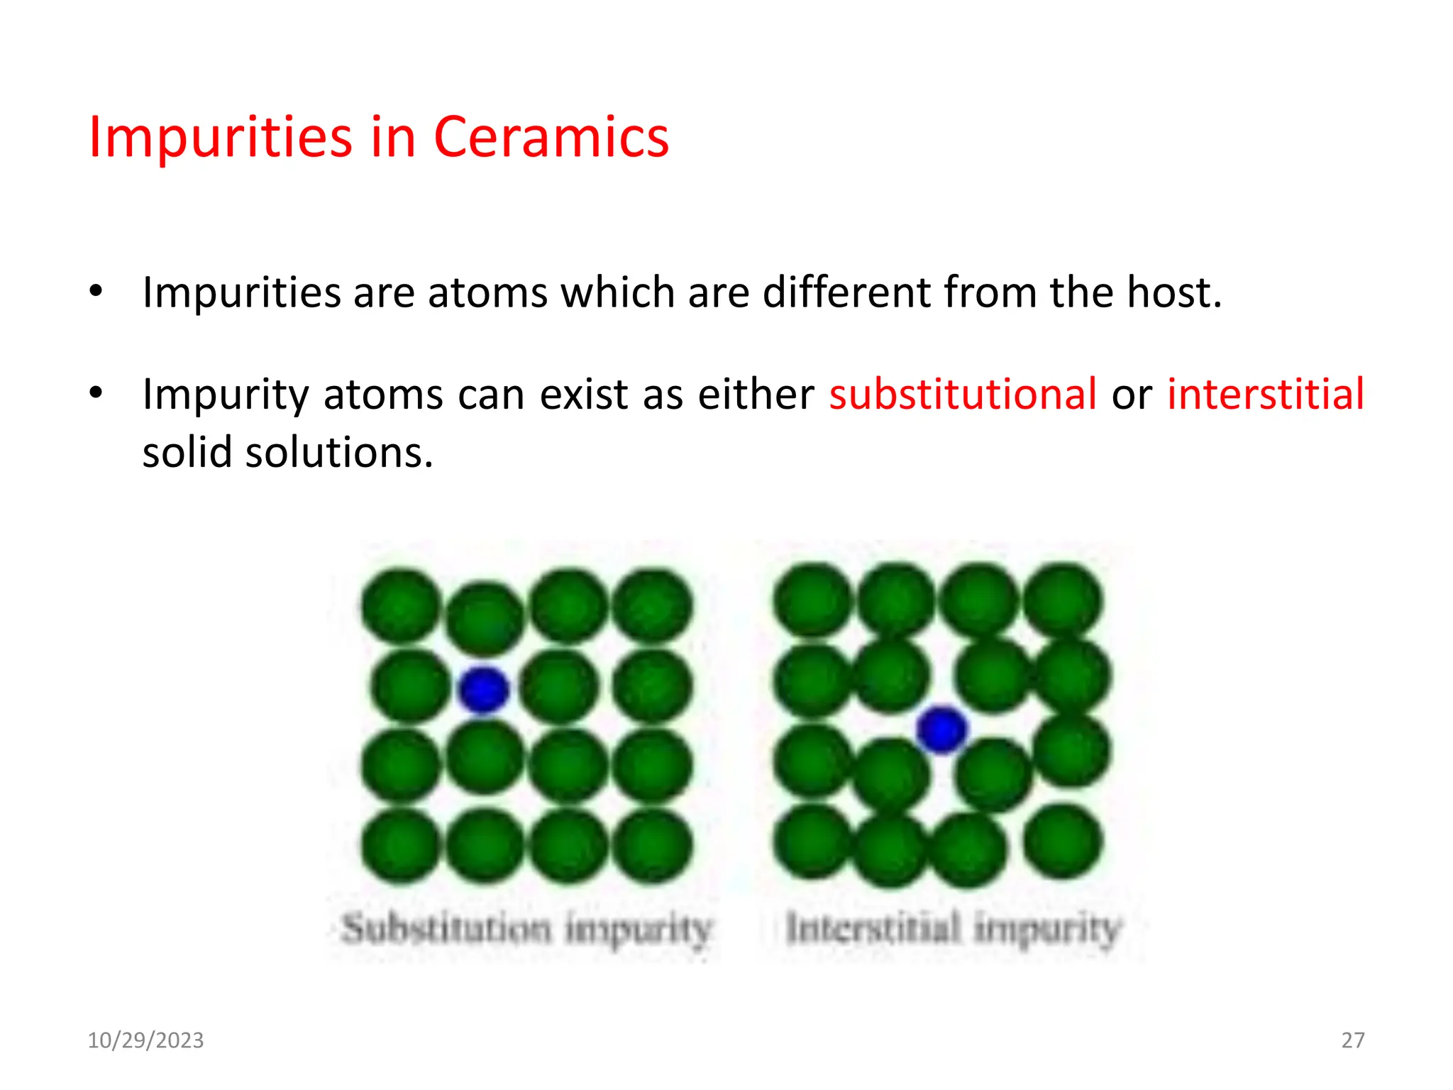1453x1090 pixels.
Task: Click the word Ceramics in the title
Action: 551,136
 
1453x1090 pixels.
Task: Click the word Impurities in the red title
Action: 220,136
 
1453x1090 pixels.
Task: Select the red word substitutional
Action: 963,395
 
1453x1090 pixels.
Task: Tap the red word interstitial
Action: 1265,395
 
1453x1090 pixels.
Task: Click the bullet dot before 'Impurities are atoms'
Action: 96,292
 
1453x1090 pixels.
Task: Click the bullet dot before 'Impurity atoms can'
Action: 96,393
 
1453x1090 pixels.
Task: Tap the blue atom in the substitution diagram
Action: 484,689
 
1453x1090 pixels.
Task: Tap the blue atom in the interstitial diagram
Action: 941,730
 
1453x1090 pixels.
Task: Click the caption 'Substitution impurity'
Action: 526,929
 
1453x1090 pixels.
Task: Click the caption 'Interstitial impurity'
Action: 953,929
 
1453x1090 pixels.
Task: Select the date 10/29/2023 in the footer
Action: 145,1040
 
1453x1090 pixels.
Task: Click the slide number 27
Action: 1352,1040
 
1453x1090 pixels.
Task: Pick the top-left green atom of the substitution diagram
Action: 401,605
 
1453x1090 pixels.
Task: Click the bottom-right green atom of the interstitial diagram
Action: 1062,842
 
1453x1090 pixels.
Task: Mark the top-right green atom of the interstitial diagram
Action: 1062,600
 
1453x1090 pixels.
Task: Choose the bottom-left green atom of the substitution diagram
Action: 401,846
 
